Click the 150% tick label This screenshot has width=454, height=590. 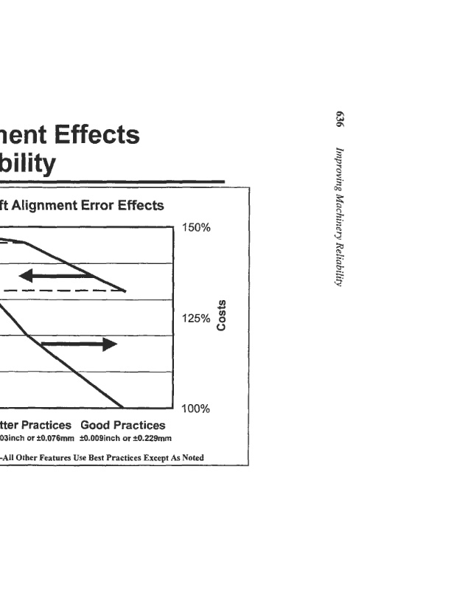(197, 227)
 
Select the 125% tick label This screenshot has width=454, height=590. (197, 319)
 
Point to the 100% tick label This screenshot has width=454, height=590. (197, 409)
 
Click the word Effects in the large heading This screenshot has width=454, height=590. (94, 135)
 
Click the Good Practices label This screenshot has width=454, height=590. (123, 426)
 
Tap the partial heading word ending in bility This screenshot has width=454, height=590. (28, 163)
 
